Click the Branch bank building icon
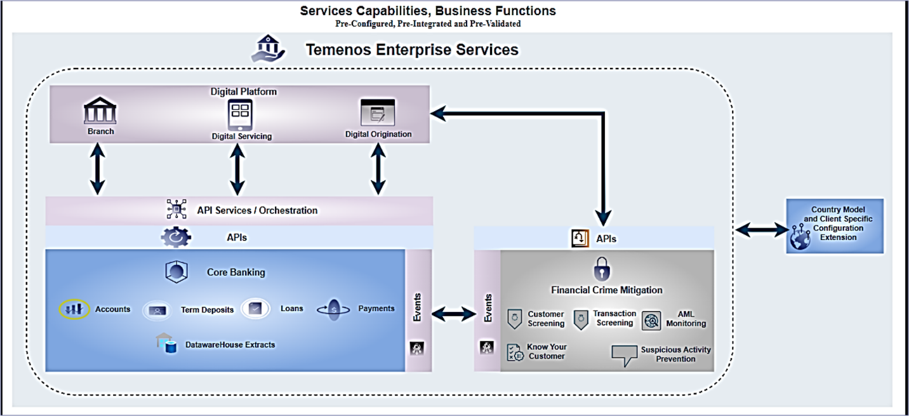click(100, 112)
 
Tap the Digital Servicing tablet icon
click(241, 115)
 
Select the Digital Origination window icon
click(378, 112)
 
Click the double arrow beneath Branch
click(97, 168)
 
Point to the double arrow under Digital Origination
click(378, 168)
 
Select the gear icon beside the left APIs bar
click(175, 237)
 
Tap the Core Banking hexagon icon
click(176, 272)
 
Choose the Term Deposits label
click(207, 310)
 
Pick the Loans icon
click(255, 309)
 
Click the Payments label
click(376, 309)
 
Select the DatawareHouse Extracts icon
click(166, 344)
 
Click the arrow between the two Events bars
click(453, 313)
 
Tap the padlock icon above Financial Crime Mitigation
click(601, 269)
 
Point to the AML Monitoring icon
click(651, 320)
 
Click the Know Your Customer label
click(547, 351)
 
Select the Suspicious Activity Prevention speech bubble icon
click(624, 355)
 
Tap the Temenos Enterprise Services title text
click(412, 50)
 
